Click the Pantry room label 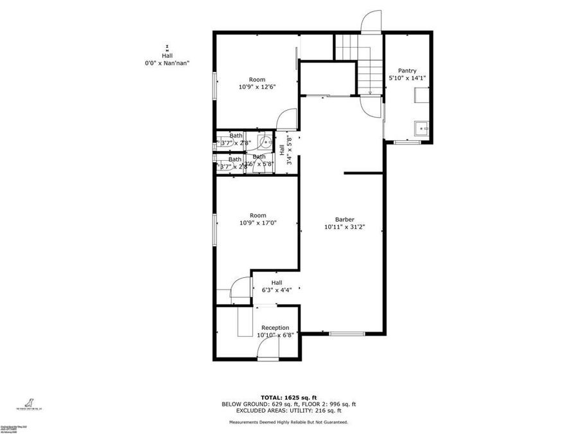click(x=407, y=71)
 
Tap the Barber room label click(x=344, y=219)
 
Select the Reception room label click(x=275, y=328)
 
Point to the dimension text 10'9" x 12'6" click(x=258, y=87)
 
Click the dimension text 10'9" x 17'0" click(x=258, y=223)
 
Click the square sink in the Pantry click(x=422, y=127)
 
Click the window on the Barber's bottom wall click(x=347, y=333)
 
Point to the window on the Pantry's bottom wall click(x=406, y=141)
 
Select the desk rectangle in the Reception click(x=245, y=321)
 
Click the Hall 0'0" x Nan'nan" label click(x=167, y=59)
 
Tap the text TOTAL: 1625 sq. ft click(x=288, y=397)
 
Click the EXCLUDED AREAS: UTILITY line click(x=288, y=410)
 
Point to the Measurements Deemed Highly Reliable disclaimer click(x=288, y=422)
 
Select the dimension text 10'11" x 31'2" click(x=344, y=226)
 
